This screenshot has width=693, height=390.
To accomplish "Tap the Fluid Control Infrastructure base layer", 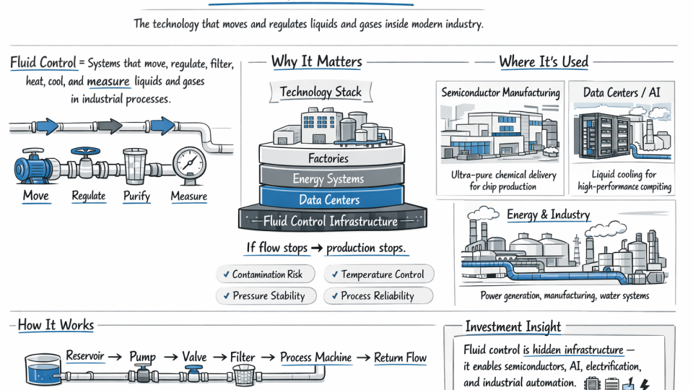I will (331, 221).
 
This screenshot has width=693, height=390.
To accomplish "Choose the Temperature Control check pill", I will (379, 274).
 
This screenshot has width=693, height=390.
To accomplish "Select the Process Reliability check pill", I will (378, 295).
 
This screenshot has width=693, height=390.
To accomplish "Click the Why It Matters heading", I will (316, 61).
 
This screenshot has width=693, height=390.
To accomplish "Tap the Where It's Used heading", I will (543, 61).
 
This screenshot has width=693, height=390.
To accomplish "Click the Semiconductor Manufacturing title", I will (500, 92).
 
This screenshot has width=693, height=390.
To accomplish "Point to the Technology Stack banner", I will (321, 92).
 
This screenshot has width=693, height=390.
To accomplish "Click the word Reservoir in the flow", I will (84, 356).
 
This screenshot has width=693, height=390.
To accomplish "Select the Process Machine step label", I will (315, 357).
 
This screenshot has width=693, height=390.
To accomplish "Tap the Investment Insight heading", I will (513, 326).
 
